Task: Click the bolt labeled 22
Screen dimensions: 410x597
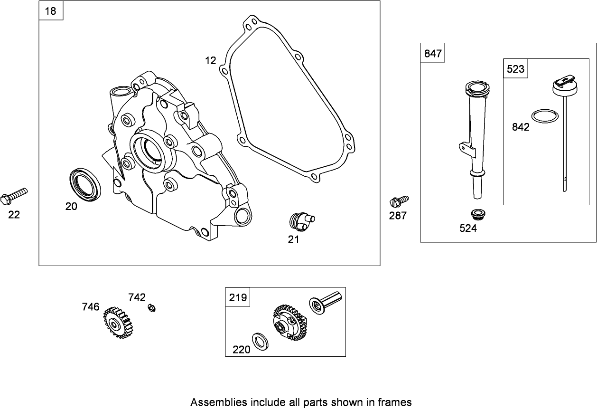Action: tap(14, 195)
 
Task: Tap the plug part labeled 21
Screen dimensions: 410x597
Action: tap(299, 221)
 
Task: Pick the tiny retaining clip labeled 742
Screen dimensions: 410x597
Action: tap(152, 308)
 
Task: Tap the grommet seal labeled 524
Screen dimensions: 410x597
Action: tap(477, 213)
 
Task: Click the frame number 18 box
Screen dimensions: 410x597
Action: tap(50, 11)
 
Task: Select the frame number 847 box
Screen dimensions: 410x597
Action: tap(433, 54)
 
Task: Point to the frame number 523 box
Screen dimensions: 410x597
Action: tap(515, 69)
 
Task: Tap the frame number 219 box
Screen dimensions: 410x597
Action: tap(238, 297)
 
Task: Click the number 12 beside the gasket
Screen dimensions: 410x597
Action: tap(210, 60)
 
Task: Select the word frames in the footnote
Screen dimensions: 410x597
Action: tap(395, 402)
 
